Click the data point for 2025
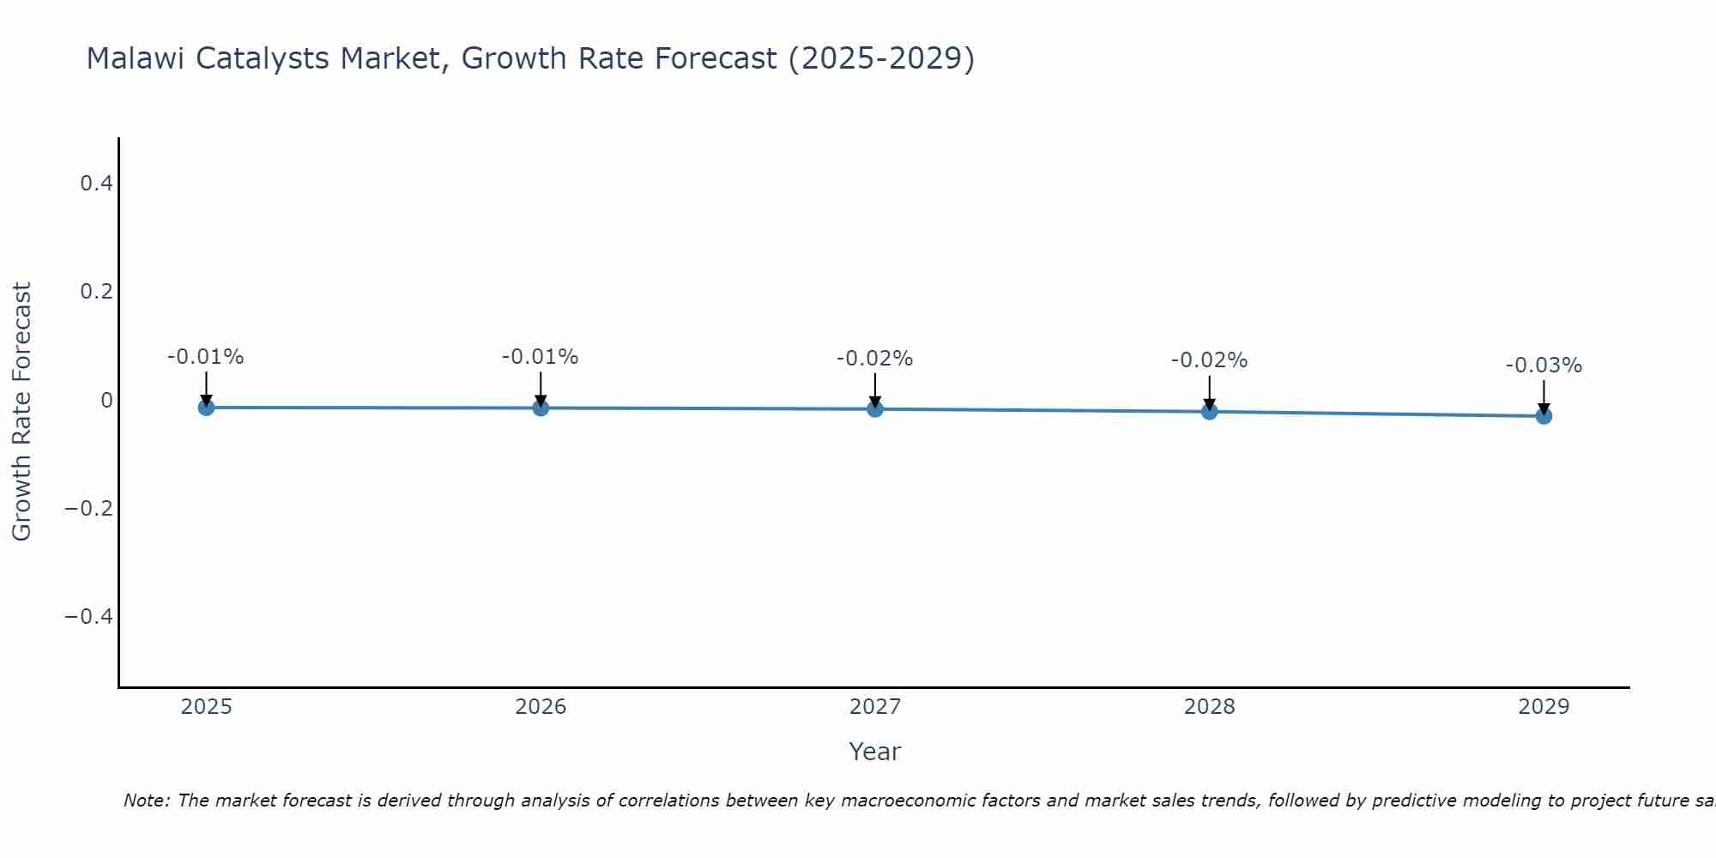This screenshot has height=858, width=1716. [206, 407]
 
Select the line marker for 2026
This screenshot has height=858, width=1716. [541, 408]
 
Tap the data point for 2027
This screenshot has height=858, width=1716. [875, 409]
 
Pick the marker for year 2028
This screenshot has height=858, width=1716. [1209, 412]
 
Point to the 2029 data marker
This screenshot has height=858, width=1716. [1544, 416]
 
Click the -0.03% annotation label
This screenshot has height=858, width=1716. [1544, 366]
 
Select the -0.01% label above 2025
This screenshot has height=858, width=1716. [206, 357]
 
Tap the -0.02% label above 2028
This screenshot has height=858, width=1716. [1209, 360]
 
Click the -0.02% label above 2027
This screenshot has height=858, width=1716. [875, 359]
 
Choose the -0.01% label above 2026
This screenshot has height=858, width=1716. [541, 357]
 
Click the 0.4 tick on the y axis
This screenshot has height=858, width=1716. [96, 183]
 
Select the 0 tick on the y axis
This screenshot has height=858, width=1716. [106, 400]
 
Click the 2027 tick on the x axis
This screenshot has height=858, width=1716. [875, 707]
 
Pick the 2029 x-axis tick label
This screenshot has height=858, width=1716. [1544, 707]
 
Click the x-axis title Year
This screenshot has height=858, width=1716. [874, 752]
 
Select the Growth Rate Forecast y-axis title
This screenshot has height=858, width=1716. [21, 412]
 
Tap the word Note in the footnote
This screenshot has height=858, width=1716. [146, 801]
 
